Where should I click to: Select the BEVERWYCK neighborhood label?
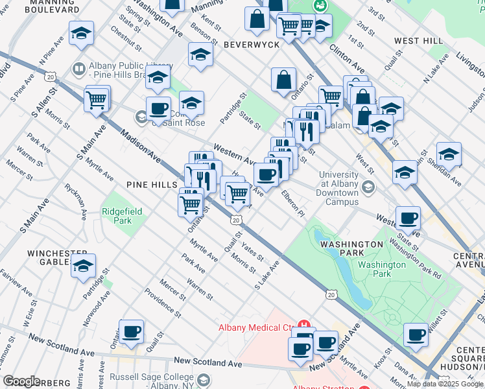[251, 44]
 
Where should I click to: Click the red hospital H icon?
[303, 325]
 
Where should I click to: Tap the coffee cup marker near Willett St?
[416, 335]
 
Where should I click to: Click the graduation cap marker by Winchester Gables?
[84, 266]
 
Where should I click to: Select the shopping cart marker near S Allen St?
[97, 100]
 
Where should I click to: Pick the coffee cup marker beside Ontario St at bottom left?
[131, 332]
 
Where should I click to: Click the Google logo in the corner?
[21, 381]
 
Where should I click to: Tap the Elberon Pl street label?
[292, 203]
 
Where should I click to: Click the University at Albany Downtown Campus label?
[338, 188]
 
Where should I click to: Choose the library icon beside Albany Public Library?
[78, 69]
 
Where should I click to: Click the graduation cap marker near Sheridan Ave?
[449, 154]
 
